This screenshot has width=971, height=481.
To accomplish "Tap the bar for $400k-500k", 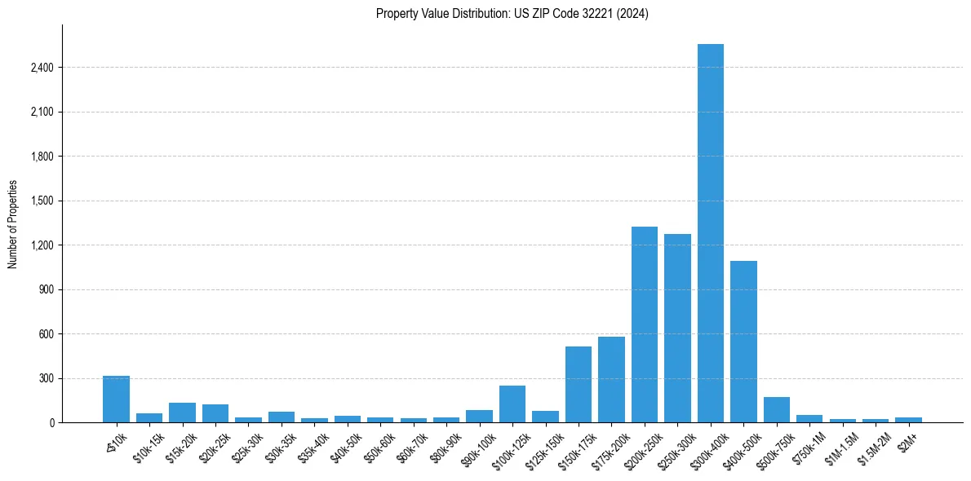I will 743,342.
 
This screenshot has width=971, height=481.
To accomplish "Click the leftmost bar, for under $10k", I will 116,399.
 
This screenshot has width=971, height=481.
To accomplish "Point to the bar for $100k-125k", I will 512,404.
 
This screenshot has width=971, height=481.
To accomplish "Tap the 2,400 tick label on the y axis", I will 42,68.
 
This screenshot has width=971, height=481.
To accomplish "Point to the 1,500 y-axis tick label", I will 42,201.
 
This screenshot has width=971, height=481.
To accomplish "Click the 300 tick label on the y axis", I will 47,379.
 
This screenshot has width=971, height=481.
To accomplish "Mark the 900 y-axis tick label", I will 47,290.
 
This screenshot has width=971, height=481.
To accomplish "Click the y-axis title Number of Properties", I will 13,224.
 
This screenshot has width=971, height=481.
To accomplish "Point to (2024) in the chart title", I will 633,14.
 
